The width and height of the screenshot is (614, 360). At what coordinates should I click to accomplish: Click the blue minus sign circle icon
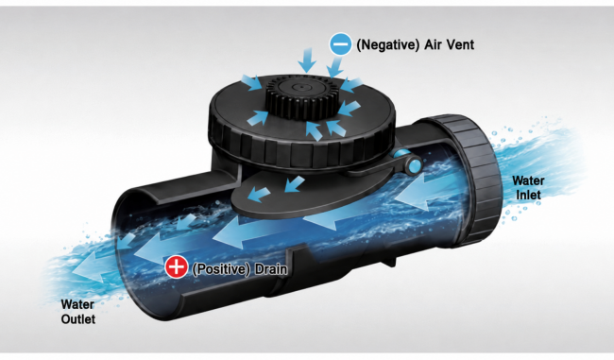[x=340, y=44]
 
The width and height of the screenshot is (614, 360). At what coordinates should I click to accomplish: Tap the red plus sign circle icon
[x=177, y=266]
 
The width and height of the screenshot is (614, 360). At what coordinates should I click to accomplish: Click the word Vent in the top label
[x=459, y=44]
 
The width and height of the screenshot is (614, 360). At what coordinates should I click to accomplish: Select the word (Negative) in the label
[x=387, y=44]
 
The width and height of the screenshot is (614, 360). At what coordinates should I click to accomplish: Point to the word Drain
[x=271, y=269]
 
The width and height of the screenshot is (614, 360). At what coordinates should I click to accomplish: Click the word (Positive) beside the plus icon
[x=221, y=269]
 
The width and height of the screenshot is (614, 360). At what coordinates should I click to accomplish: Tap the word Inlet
[x=528, y=195]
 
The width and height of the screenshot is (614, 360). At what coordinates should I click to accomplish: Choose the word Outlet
[x=78, y=318]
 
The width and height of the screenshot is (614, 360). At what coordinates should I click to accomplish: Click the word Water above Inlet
[x=528, y=180]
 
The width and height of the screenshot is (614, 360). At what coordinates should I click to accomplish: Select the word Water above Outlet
[x=77, y=304]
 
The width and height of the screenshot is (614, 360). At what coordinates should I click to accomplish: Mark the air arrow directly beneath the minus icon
[x=333, y=66]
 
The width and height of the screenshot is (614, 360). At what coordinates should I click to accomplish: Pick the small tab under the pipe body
[x=388, y=261]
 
